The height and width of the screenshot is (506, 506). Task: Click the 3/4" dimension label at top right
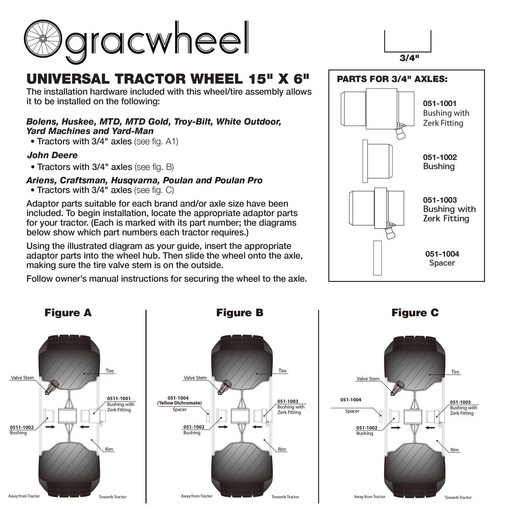point(409,58)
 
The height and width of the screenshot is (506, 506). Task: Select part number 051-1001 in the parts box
point(439,103)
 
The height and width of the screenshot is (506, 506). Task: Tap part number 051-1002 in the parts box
point(440,157)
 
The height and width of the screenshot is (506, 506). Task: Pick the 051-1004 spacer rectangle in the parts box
point(377,258)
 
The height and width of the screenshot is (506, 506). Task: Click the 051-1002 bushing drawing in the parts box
point(377,161)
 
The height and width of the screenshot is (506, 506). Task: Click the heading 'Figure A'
point(68,313)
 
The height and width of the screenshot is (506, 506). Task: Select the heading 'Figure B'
point(240,313)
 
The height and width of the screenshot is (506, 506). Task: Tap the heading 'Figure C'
point(415,313)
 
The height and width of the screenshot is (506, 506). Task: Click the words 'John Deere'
point(52,155)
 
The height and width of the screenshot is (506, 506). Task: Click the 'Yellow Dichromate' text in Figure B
point(179,403)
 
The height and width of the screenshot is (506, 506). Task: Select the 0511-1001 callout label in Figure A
point(119,398)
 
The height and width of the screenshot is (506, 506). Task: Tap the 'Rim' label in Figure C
point(455,450)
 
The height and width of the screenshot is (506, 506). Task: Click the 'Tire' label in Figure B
point(283,371)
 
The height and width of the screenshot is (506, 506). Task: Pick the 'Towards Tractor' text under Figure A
point(112,497)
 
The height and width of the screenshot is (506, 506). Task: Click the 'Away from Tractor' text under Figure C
point(369,497)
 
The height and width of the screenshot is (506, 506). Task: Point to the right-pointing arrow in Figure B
point(223,427)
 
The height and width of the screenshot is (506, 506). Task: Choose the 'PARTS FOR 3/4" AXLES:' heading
point(392,79)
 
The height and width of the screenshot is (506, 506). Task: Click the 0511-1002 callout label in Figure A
point(22,427)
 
